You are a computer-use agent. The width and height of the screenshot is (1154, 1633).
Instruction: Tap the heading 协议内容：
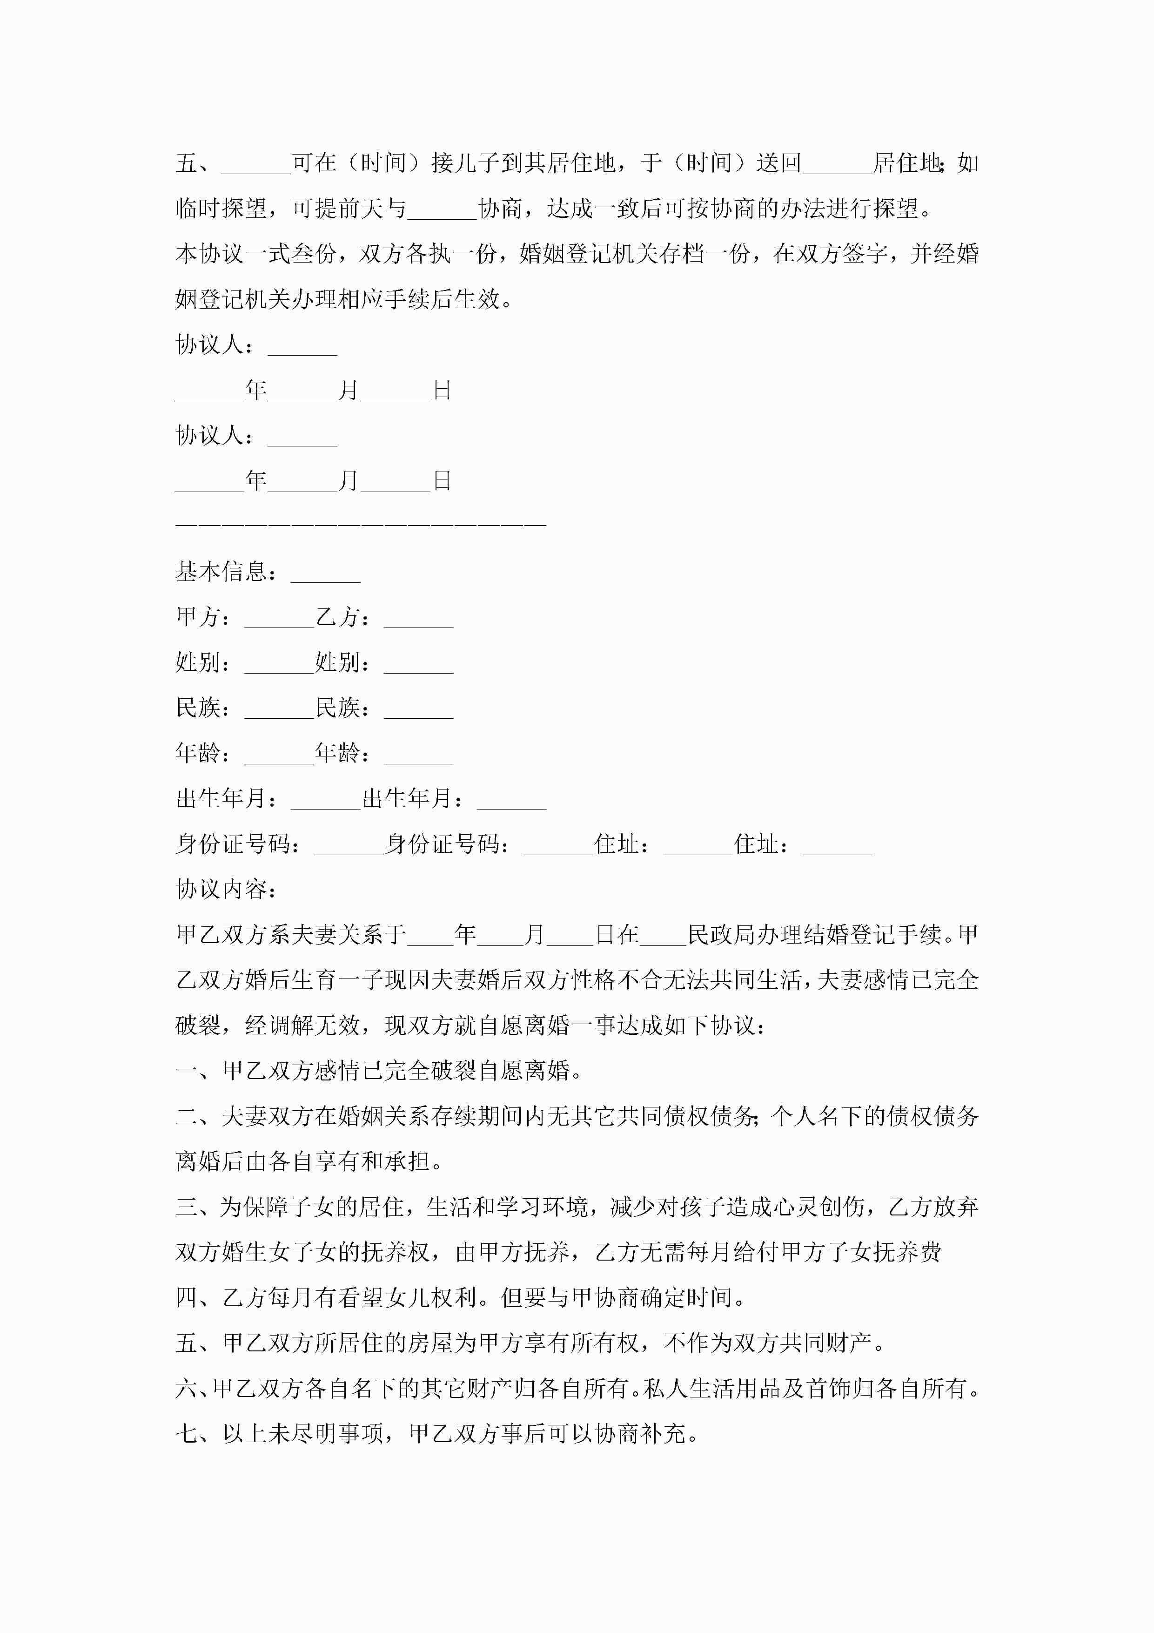pyautogui.click(x=226, y=890)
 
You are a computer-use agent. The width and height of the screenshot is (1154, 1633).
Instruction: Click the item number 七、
pyautogui.click(x=198, y=1433)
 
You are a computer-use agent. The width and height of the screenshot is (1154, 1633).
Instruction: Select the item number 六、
pyautogui.click(x=194, y=1388)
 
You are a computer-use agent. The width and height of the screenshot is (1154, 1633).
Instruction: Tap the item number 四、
pyautogui.click(x=198, y=1297)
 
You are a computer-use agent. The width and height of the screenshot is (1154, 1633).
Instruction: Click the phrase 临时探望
pyautogui.click(x=221, y=209)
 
